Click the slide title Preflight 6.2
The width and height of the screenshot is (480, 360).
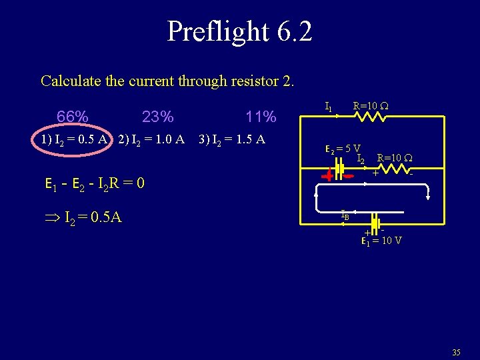[x=239, y=31]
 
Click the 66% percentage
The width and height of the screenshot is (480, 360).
[x=73, y=117]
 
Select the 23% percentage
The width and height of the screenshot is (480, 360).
[x=158, y=117]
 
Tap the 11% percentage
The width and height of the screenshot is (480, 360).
[x=261, y=117]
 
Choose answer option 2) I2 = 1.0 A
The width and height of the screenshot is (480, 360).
[x=151, y=139]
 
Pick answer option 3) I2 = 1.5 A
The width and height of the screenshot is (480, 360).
[x=232, y=139]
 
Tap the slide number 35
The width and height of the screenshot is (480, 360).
[x=456, y=351]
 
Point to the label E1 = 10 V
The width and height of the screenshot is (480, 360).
[x=381, y=241]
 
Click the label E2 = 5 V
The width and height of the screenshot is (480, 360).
[x=343, y=149]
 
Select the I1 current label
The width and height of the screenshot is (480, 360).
[x=328, y=106]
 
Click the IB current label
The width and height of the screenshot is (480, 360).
[x=345, y=215]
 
